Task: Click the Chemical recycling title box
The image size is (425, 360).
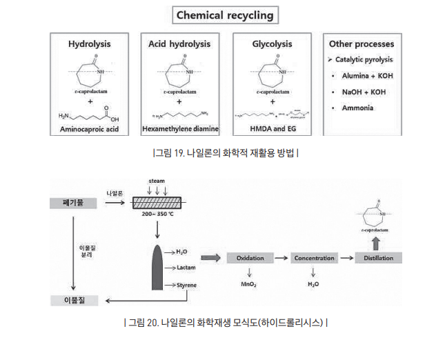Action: coord(224,14)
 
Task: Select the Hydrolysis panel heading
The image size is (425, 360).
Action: coord(89,44)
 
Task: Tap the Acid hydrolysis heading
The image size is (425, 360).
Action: coord(179,44)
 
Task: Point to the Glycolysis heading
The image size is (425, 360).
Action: coord(270,44)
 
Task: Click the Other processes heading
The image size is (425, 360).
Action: coord(360,44)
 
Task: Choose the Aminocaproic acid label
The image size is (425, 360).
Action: coord(89,128)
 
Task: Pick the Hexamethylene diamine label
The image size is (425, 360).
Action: coord(179,128)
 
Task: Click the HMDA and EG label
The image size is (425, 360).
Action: coord(270,128)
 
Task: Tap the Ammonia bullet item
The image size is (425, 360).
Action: coord(358,108)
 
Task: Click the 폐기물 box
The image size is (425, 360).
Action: coord(72,203)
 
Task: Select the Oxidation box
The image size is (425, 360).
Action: coord(250,258)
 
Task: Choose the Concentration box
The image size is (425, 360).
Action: coord(314,258)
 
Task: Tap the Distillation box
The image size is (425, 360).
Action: coord(379,258)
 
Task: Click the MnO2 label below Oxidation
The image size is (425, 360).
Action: coord(249,283)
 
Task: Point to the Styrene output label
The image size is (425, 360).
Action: coord(186,285)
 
